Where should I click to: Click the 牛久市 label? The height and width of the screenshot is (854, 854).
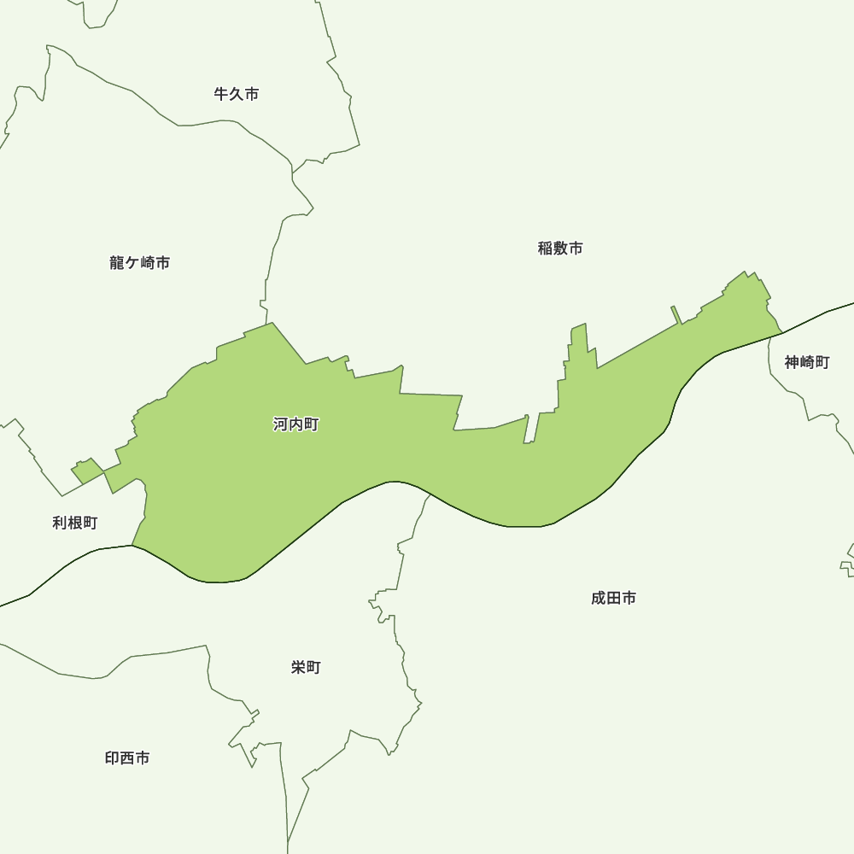[x=237, y=94]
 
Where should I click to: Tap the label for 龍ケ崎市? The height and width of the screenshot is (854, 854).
[x=140, y=263]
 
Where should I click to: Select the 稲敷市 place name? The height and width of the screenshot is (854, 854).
[x=560, y=249]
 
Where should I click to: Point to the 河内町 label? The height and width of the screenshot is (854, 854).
[x=295, y=424]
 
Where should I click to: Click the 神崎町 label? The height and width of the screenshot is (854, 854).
[x=807, y=362]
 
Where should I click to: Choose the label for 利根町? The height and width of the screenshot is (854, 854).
[x=75, y=523]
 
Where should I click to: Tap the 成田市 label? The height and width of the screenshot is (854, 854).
[x=613, y=599]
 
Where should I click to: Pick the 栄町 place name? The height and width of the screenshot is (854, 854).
[x=306, y=668]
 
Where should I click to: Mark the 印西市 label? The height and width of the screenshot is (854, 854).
[x=127, y=758]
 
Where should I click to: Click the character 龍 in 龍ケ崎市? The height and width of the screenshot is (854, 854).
[x=117, y=263]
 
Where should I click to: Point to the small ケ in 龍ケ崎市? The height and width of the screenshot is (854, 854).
[x=132, y=264]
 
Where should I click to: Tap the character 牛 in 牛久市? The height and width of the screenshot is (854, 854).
[x=222, y=94]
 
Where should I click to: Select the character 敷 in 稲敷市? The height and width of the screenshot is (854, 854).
[x=560, y=249]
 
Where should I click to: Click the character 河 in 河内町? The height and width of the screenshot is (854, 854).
[x=281, y=424]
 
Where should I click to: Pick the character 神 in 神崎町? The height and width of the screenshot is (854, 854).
[x=793, y=362]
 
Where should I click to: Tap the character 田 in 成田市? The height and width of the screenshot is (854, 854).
[x=613, y=599]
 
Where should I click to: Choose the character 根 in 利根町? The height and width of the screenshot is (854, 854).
[x=75, y=523]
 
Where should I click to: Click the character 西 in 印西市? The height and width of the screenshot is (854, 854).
[x=127, y=758]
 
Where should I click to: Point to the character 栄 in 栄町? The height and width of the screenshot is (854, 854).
[x=298, y=668]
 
